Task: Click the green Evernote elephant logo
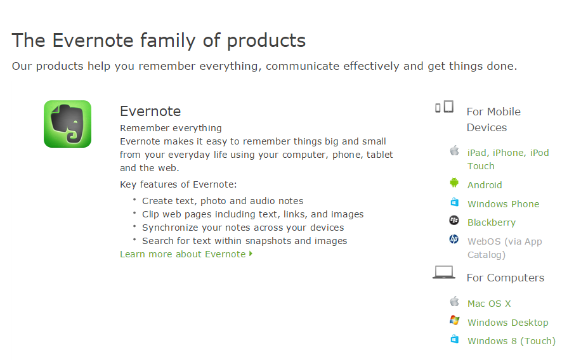[67, 124]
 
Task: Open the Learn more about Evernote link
[186, 254]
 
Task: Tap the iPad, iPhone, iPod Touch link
[508, 159]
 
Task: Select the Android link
[485, 185]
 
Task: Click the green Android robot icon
[454, 183]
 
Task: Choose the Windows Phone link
[503, 203]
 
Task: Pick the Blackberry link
[492, 222]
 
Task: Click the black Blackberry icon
[454, 221]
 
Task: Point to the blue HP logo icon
[454, 239]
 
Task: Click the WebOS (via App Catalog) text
[505, 248]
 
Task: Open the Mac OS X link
[489, 304]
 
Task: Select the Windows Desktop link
[507, 322]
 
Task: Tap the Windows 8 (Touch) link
[511, 341]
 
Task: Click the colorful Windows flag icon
[454, 320]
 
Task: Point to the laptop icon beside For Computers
[444, 273]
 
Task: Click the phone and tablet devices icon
[444, 106]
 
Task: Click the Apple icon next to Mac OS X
[454, 301]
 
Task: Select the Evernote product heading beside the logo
[150, 111]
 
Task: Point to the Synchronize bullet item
[243, 228]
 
